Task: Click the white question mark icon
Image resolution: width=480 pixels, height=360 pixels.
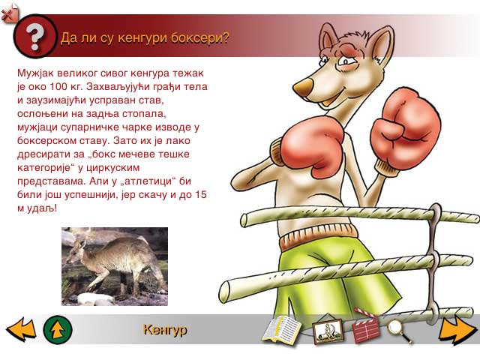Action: click(x=34, y=36)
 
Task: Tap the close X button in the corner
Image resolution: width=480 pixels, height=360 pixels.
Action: click(x=8, y=13)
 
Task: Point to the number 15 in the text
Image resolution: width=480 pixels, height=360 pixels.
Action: click(x=201, y=194)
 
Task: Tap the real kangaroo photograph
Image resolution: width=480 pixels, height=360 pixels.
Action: click(x=115, y=266)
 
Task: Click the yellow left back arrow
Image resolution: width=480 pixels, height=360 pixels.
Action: click(x=21, y=329)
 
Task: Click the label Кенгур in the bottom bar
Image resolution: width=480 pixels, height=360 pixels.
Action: click(x=165, y=330)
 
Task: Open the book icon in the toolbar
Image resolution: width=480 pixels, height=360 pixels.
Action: click(x=282, y=329)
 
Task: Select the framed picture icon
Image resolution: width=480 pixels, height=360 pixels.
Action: click(x=328, y=331)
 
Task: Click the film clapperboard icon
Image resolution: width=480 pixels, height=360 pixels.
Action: click(x=365, y=328)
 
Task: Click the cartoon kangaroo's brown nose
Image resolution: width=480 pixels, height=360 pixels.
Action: click(x=303, y=86)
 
